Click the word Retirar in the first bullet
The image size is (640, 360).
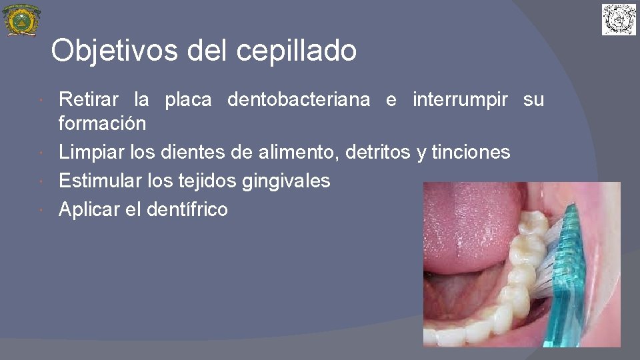89,100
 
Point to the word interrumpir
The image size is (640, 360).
460,100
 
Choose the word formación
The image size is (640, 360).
102,124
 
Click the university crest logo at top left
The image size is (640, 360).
21,20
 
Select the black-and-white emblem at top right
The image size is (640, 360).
619,19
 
